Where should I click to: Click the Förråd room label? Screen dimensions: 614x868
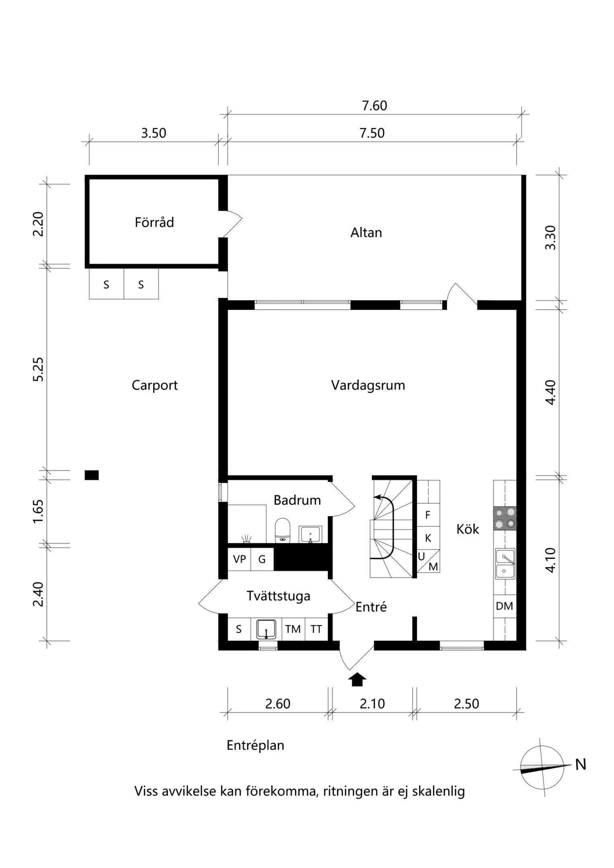[154, 222]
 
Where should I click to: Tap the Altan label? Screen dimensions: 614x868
[366, 233]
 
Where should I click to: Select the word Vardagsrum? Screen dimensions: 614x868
[368, 385]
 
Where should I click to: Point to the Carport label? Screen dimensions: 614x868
[155, 385]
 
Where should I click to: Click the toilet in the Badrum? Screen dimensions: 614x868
[283, 530]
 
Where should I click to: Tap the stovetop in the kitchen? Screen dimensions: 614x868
[505, 518]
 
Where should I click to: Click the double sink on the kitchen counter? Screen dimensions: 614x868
[505, 564]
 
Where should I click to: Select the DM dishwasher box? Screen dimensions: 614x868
[505, 606]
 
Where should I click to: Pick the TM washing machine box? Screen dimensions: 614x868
[293, 629]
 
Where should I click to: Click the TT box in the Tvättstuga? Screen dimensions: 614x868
[316, 629]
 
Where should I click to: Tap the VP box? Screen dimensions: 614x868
[239, 559]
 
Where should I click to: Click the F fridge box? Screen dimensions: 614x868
[428, 515]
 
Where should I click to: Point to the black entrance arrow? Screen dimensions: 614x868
[357, 680]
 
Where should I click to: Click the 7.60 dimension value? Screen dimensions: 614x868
[374, 106]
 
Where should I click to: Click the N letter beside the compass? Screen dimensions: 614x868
[581, 764]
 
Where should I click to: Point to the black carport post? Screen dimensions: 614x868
[92, 475]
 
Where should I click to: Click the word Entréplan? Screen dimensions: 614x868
[255, 745]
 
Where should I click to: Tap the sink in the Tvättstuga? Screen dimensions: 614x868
[266, 629]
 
